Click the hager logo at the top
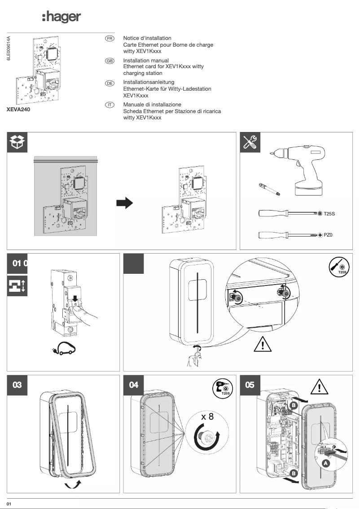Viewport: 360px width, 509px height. (61, 17)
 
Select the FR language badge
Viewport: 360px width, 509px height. (109, 39)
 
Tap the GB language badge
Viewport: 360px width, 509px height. (109, 61)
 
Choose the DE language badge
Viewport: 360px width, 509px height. (109, 83)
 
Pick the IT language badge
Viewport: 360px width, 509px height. (109, 105)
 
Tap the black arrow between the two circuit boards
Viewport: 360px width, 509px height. (125, 203)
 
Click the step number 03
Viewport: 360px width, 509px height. (18, 385)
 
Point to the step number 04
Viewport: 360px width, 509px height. (134, 385)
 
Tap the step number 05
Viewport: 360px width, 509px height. (250, 385)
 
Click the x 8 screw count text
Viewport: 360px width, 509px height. (207, 416)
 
